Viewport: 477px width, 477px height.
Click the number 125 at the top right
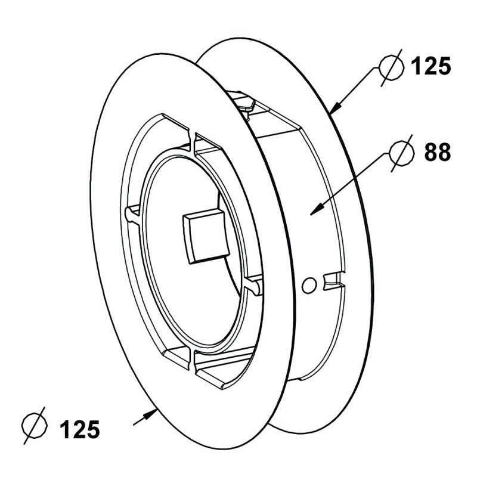tap(430, 66)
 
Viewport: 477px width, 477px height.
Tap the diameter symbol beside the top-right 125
tap(392, 67)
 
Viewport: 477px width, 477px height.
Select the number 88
tap(438, 152)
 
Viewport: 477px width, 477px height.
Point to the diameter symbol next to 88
tap(402, 153)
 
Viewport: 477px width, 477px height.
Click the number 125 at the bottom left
tap(80, 429)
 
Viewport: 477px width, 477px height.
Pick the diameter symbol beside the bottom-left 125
tap(35, 426)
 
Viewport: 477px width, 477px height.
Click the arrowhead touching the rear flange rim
tap(336, 108)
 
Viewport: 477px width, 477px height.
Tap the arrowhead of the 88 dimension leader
tap(317, 209)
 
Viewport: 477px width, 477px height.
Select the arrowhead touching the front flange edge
tap(151, 414)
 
